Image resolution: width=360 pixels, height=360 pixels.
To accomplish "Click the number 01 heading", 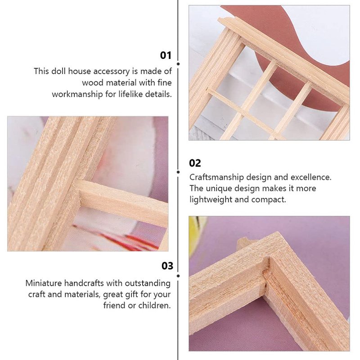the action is click(166, 55).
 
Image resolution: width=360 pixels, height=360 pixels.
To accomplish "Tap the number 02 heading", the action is click(195, 163).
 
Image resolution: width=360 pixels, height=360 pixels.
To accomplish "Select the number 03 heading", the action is click(167, 266).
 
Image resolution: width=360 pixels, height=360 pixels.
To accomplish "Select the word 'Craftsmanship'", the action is click(216, 177).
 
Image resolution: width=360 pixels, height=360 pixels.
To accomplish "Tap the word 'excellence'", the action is click(311, 177).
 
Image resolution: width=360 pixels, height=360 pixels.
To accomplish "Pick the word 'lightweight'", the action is click(211, 199).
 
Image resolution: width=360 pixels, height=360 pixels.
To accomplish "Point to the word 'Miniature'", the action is click(44, 283).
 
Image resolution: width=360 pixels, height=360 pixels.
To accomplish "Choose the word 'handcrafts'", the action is click(84, 283).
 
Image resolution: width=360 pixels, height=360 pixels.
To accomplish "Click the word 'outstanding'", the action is click(148, 283).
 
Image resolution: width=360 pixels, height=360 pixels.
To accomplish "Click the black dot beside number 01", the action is click(178, 64).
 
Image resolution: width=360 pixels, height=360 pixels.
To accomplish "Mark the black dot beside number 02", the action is click(178, 172).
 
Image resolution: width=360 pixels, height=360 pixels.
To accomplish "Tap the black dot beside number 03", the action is click(178, 276).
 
